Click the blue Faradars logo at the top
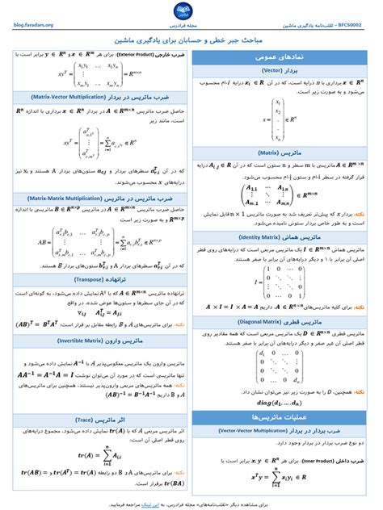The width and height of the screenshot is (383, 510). [191, 11]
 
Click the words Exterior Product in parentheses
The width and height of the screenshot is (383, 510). [136, 53]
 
